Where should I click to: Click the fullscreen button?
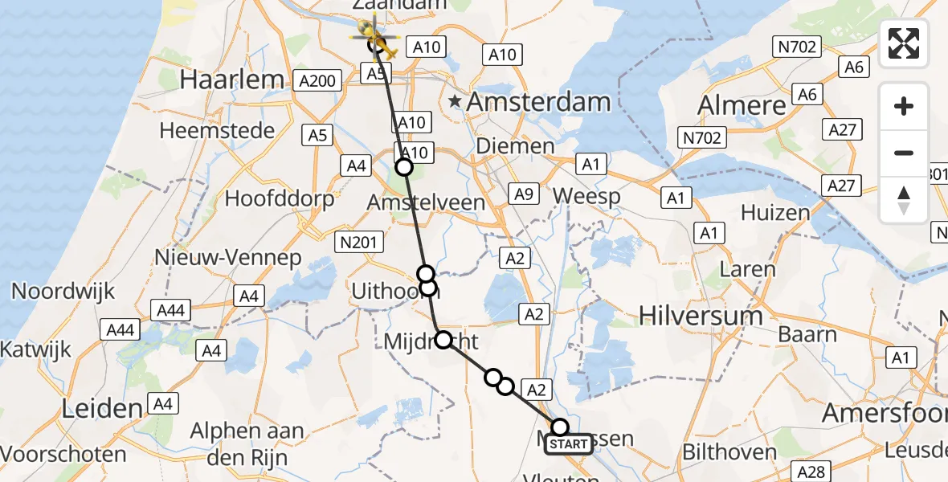tap(904, 43)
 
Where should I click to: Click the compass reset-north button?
tap(904, 199)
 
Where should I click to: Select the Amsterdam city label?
tap(538, 102)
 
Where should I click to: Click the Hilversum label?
tap(701, 316)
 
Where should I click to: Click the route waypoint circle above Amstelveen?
tap(404, 167)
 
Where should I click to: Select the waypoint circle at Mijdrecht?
tap(443, 340)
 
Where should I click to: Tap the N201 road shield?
tap(354, 240)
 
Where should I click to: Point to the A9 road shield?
tap(524, 194)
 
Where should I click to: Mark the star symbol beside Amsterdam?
tap(456, 101)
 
